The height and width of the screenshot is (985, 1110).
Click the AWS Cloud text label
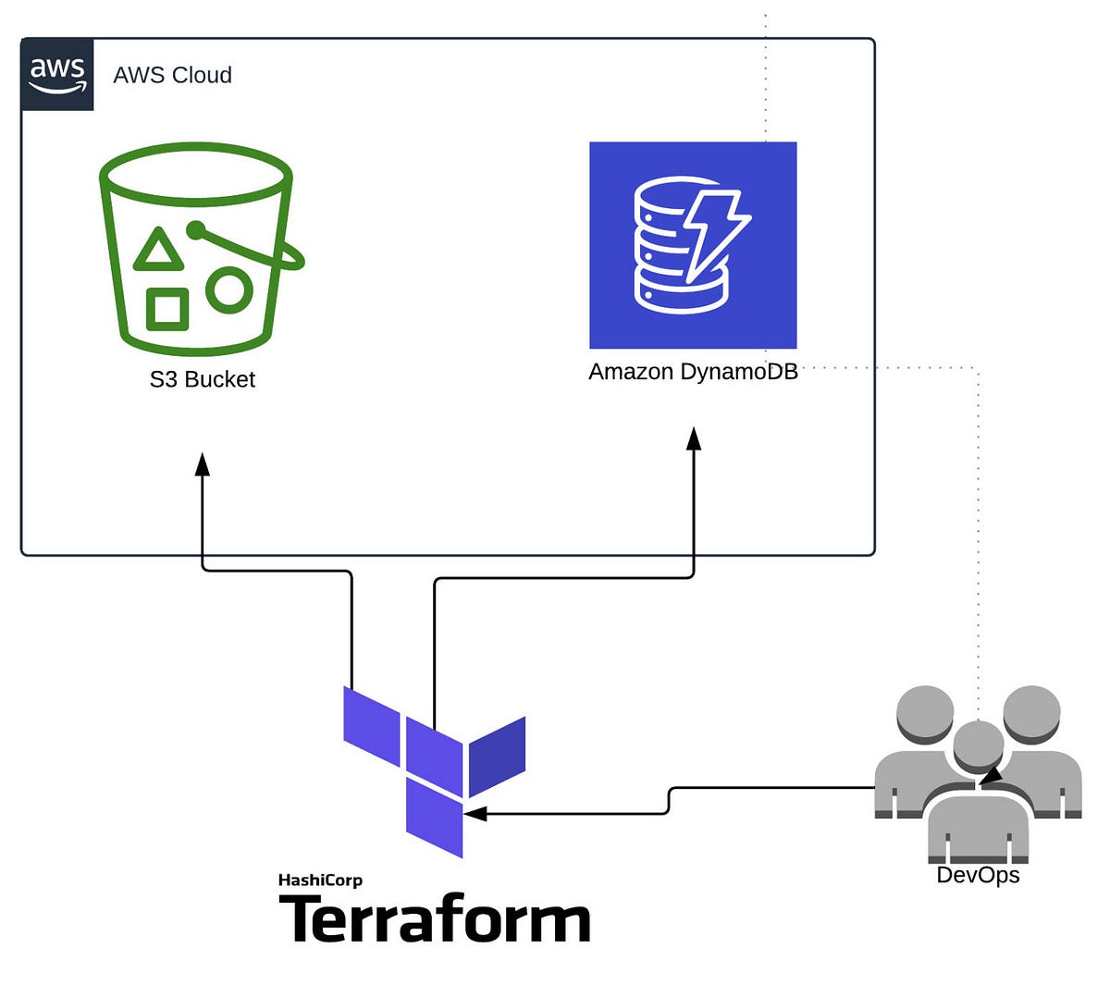coord(172,75)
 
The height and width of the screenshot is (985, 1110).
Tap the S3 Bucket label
coord(202,379)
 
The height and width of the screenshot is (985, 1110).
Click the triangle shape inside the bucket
coord(158,251)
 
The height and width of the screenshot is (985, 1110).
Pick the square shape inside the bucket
coord(167,307)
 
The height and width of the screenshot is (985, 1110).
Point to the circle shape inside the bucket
coord(228,289)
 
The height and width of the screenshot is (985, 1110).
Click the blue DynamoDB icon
coord(693,245)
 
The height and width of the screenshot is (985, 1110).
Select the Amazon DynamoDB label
coord(693,372)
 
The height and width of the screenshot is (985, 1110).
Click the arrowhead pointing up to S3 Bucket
coord(203,462)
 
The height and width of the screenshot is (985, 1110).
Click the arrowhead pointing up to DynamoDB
coord(694,437)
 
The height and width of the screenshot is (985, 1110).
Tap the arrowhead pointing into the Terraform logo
coord(475,814)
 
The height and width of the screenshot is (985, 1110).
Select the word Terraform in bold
coord(434,919)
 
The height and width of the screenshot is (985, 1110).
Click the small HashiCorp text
coord(320,880)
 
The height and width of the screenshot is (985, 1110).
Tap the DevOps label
coord(978,875)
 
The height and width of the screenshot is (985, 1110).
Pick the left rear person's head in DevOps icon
coord(925,713)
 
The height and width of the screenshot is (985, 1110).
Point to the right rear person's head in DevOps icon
coord(1031,713)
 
